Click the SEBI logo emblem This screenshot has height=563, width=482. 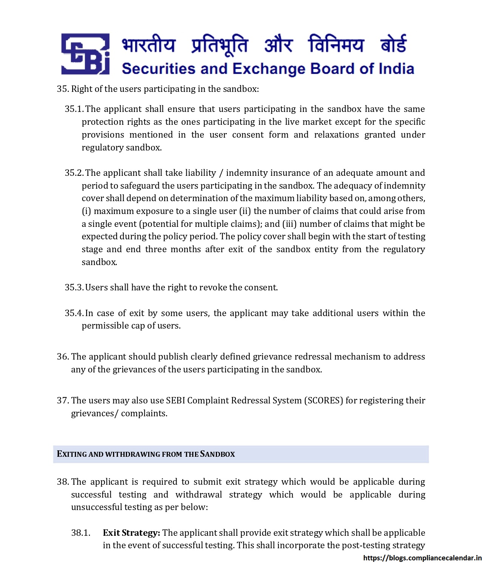click(85, 54)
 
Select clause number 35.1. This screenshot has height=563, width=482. click(74, 109)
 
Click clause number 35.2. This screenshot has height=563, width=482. click(74, 173)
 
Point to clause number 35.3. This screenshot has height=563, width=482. click(74, 287)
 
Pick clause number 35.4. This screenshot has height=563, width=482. click(74, 313)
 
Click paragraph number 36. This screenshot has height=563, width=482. click(63, 357)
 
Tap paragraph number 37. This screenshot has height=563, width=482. click(63, 400)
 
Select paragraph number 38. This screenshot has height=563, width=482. click(63, 482)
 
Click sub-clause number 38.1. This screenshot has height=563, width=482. click(81, 533)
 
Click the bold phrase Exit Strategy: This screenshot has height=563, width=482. click(131, 533)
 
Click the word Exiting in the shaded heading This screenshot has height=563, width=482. click(71, 454)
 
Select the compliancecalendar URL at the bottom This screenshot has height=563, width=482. click(422, 558)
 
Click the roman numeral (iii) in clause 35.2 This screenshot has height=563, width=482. click(289, 224)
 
